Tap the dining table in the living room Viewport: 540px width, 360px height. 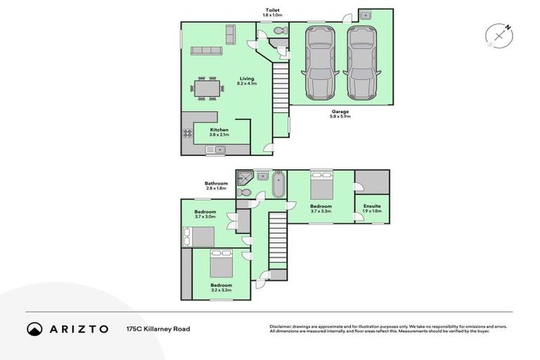point(207,89)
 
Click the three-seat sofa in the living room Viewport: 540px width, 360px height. point(207,51)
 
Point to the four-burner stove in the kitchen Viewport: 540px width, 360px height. point(188,133)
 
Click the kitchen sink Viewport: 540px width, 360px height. point(216,150)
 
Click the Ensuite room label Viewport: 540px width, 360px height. point(372,206)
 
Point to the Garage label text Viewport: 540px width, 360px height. point(340,111)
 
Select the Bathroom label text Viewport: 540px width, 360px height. point(216,184)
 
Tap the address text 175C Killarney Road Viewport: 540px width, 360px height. point(157,328)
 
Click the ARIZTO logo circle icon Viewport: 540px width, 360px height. point(34,328)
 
